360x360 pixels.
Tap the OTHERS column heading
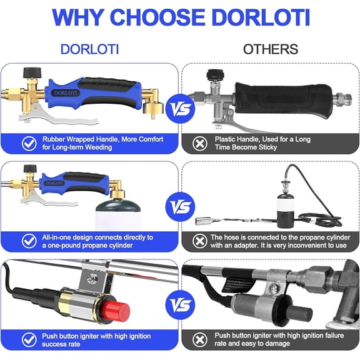[271, 49]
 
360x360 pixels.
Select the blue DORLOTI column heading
[89, 49]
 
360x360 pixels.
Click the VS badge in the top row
[180, 109]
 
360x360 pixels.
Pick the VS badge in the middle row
[180, 207]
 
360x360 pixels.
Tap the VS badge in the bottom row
[180, 305]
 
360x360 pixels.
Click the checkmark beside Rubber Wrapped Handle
[29, 144]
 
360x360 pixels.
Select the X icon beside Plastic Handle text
[200, 144]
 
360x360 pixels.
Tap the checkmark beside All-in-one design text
[29, 241]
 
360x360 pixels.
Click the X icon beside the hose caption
[200, 241]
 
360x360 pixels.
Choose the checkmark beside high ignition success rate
[29, 340]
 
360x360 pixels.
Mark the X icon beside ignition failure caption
[200, 340]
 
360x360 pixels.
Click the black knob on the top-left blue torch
[32, 72]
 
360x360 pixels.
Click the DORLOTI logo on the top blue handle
[66, 92]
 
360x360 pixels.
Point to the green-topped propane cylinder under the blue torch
[118, 215]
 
